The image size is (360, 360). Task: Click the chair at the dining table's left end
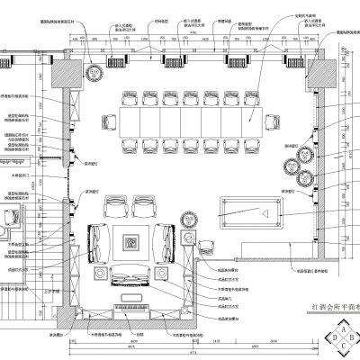tap(109, 119)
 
